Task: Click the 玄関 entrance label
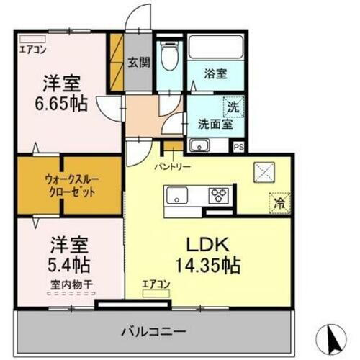pyautogui.click(x=139, y=62)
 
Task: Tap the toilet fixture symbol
pyautogui.click(x=170, y=58)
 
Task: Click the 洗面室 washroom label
pyautogui.click(x=215, y=123)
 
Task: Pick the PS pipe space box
pyautogui.click(x=239, y=144)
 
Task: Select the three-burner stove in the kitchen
pyautogui.click(x=218, y=195)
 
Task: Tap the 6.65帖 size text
pyautogui.click(x=63, y=104)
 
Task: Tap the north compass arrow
pyautogui.click(x=332, y=337)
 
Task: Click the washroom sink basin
pyautogui.click(x=199, y=145)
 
